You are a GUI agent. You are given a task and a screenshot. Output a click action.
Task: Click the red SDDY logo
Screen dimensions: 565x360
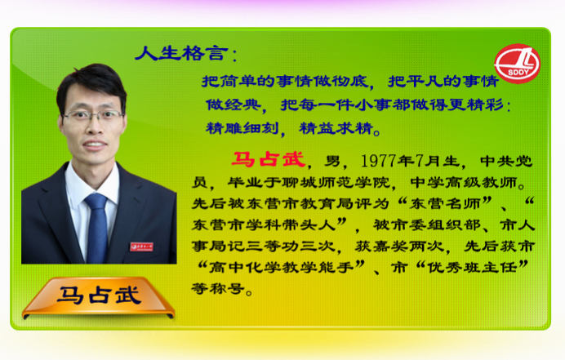[x=517, y=64]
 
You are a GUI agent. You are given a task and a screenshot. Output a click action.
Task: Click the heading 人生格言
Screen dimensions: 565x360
[x=181, y=53]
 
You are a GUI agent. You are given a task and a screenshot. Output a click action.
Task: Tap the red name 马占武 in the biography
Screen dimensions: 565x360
[x=269, y=159]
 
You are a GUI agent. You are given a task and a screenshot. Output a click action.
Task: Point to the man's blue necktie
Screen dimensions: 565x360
[x=96, y=227]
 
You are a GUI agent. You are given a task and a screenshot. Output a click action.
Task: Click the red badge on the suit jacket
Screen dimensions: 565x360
[x=141, y=247]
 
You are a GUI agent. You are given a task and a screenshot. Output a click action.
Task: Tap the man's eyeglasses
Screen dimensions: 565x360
[x=93, y=116]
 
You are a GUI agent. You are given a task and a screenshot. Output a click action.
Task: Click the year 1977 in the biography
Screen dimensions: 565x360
[x=379, y=161]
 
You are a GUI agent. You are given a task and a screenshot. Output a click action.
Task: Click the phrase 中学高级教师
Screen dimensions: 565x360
[x=464, y=182]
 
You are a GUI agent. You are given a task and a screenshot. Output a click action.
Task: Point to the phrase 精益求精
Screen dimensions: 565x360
[x=336, y=128]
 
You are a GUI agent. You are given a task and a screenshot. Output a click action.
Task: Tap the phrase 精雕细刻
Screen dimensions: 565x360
[x=242, y=128]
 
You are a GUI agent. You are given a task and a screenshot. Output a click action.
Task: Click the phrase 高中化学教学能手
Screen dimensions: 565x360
[x=281, y=268]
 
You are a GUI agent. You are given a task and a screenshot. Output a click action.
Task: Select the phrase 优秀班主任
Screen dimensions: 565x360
[x=472, y=268]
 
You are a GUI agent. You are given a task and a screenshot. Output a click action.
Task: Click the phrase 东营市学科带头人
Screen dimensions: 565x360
[x=264, y=224]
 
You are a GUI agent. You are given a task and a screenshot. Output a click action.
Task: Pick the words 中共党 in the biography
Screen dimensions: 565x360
[x=506, y=161]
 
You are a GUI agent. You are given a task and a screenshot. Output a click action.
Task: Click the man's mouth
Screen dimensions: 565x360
[x=95, y=144]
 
